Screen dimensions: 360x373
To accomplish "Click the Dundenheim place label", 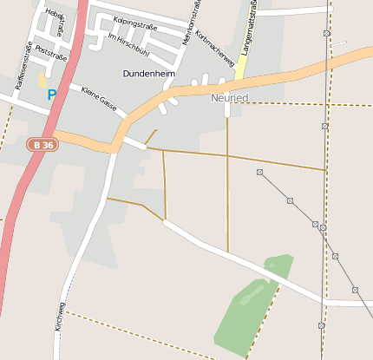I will tap(148, 75).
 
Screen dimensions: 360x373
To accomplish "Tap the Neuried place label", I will tap(229, 98).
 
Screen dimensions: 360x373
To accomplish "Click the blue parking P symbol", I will tap(51, 95).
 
